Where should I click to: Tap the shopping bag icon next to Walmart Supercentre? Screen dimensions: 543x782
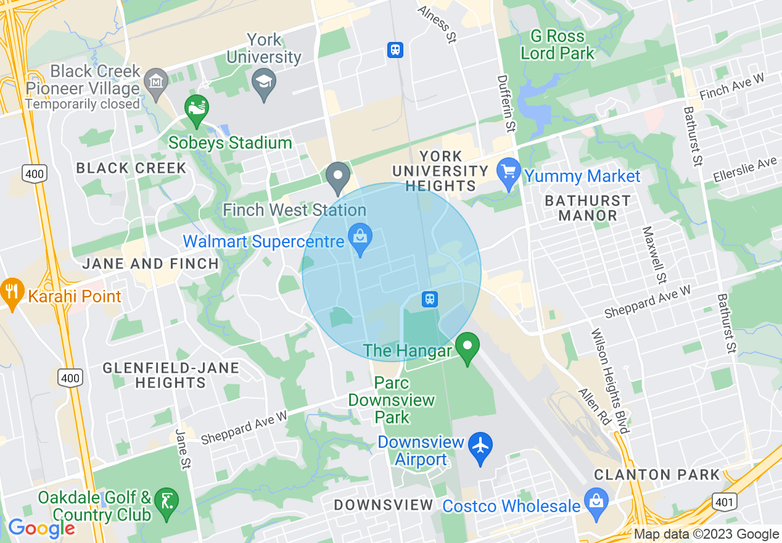pyautogui.click(x=360, y=237)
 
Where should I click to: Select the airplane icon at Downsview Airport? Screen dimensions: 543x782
pyautogui.click(x=480, y=446)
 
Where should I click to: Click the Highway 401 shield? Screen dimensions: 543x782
pyautogui.click(x=724, y=502)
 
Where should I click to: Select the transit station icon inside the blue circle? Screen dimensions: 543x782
pyautogui.click(x=430, y=299)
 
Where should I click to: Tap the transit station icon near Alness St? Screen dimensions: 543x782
pyautogui.click(x=395, y=50)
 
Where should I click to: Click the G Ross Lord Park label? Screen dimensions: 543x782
pyautogui.click(x=558, y=45)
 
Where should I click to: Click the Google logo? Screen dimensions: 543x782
pyautogui.click(x=41, y=528)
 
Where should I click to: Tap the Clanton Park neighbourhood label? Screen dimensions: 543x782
pyautogui.click(x=657, y=475)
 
